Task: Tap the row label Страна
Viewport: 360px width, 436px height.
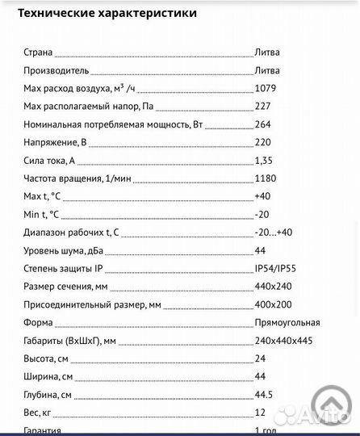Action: [x=39, y=52]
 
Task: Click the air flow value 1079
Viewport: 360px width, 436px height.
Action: [x=265, y=88]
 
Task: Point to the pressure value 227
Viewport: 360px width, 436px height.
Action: [x=262, y=107]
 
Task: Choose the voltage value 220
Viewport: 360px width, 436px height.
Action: [x=262, y=142]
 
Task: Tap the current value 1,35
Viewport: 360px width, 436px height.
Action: [x=263, y=161]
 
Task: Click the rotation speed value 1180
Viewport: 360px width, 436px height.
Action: [x=265, y=178]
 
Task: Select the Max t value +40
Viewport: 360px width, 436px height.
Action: [x=262, y=196]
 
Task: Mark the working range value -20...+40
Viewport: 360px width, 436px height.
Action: [x=273, y=233]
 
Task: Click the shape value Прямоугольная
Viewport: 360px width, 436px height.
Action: [x=287, y=322]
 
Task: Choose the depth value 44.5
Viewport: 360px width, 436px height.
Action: [x=263, y=395]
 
